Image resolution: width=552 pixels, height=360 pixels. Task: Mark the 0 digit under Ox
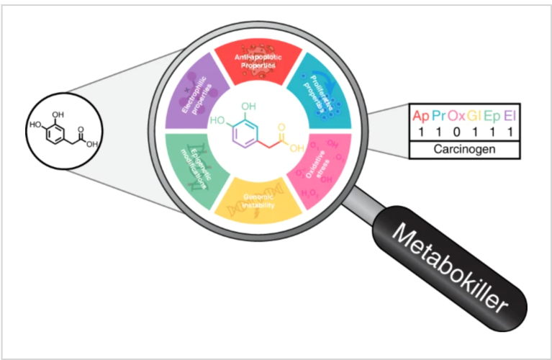point(456,132)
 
